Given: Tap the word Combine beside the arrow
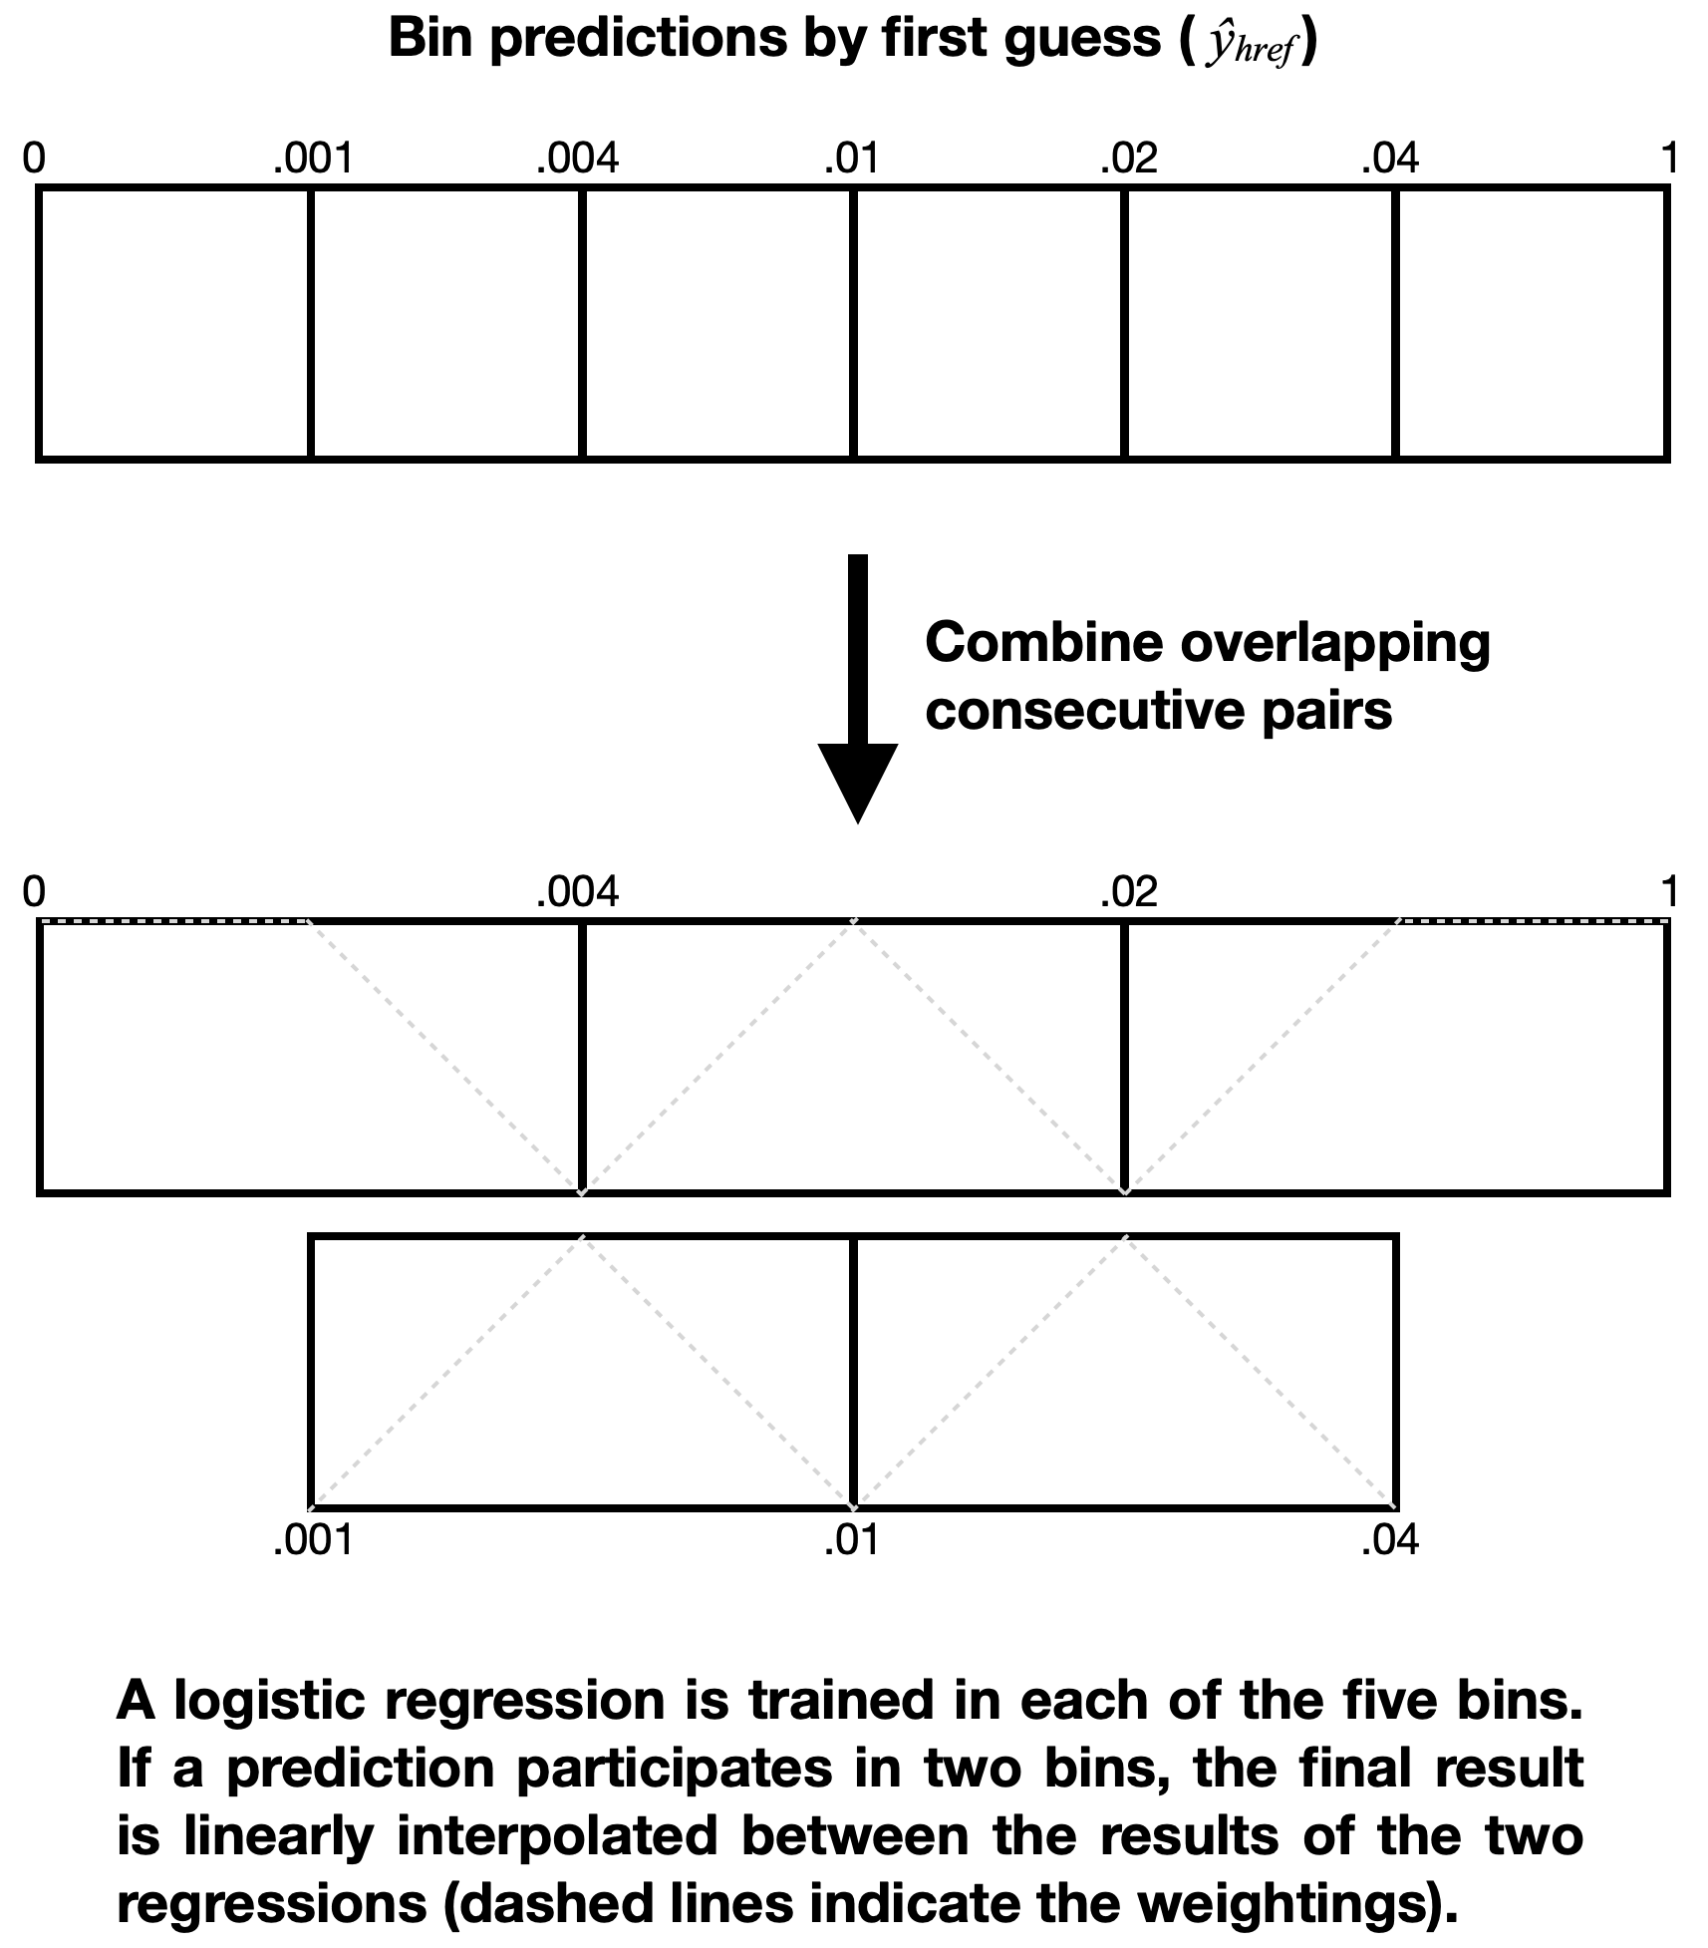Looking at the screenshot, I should (x=1043, y=643).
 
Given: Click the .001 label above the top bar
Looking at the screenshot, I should (x=313, y=159).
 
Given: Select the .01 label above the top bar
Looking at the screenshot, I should (x=852, y=159).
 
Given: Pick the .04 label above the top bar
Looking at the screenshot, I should (x=1390, y=159).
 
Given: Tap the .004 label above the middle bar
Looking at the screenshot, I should (x=577, y=891).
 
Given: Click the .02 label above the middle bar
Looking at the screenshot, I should (x=1129, y=891).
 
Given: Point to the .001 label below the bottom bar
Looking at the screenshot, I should (x=313, y=1542).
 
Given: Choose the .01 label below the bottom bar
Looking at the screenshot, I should (x=852, y=1542).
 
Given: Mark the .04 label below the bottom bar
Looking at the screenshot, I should (x=1390, y=1542).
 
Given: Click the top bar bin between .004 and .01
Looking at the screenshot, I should (x=717, y=324).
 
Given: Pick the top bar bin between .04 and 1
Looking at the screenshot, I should (x=1531, y=324).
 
